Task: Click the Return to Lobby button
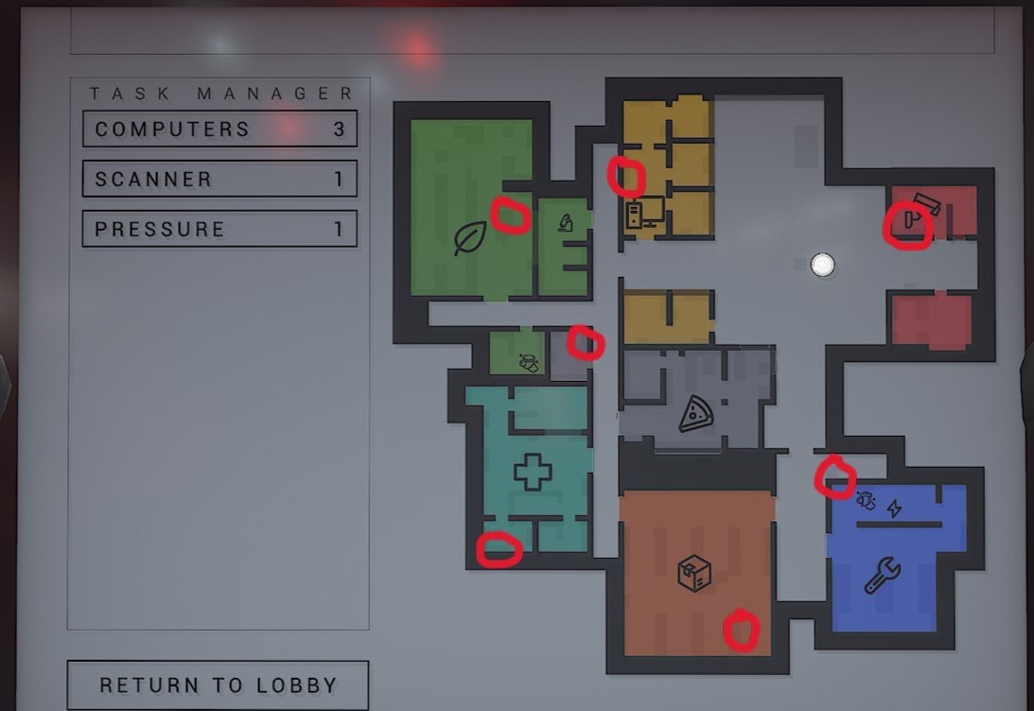click(218, 685)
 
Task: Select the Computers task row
click(219, 129)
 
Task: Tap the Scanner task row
click(219, 179)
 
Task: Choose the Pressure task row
click(219, 229)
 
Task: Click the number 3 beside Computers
click(339, 129)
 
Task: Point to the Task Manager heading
click(221, 94)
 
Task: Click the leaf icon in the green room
click(469, 237)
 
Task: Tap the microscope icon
click(566, 223)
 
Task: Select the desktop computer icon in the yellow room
click(644, 213)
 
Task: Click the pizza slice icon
click(696, 414)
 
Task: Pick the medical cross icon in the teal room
click(532, 472)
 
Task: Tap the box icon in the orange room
click(694, 573)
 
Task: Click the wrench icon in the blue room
click(882, 576)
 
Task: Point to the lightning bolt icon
click(893, 508)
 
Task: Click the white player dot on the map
click(823, 265)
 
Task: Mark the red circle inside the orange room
click(742, 631)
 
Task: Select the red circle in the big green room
click(511, 215)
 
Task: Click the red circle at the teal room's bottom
click(499, 549)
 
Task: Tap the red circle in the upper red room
click(906, 228)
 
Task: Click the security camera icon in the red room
click(926, 203)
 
